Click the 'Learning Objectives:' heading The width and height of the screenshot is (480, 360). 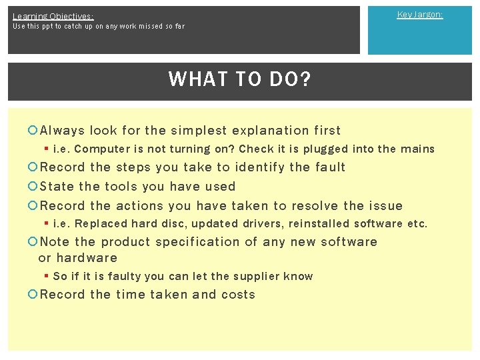coord(53,15)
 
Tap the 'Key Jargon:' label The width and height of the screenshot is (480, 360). coord(420,14)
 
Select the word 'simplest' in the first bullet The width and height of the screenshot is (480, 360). coord(199,131)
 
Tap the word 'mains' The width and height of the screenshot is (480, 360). coord(417,149)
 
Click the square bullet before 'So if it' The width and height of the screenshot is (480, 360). coord(45,276)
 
